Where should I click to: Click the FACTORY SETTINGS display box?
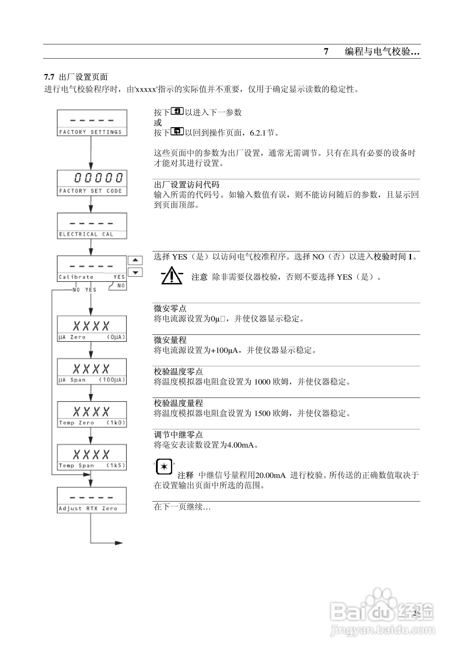click(x=92, y=123)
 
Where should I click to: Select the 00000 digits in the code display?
click(x=98, y=178)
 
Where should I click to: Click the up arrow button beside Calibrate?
click(x=135, y=260)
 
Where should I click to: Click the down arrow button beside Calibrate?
click(x=135, y=272)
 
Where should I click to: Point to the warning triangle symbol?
click(x=172, y=276)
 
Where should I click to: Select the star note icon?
click(x=164, y=466)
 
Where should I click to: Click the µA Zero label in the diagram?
click(x=72, y=337)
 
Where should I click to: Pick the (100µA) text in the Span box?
click(x=112, y=380)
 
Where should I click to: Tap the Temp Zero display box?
click(x=92, y=414)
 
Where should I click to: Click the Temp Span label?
click(x=76, y=466)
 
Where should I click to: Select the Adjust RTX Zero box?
click(x=92, y=500)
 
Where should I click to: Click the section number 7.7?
click(x=49, y=77)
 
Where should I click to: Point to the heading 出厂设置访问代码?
click(x=187, y=185)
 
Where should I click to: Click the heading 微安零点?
click(x=170, y=308)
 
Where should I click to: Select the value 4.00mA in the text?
click(x=240, y=445)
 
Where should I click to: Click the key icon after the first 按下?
click(x=177, y=111)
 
